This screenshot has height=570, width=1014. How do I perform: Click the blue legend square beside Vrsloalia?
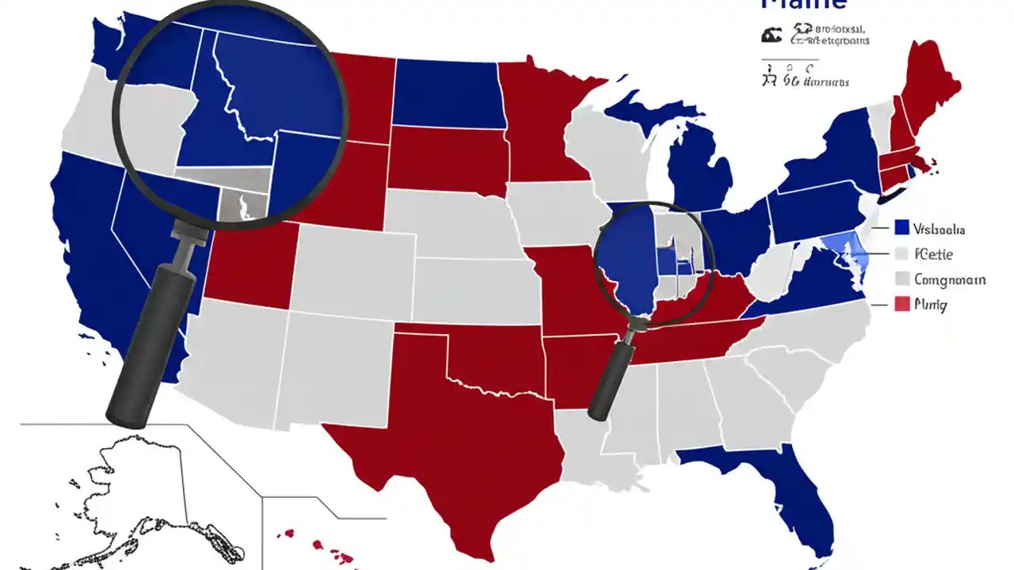[901, 228]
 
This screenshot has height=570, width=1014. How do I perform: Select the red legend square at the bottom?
[901, 303]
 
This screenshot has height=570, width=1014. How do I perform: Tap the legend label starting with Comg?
[950, 279]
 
